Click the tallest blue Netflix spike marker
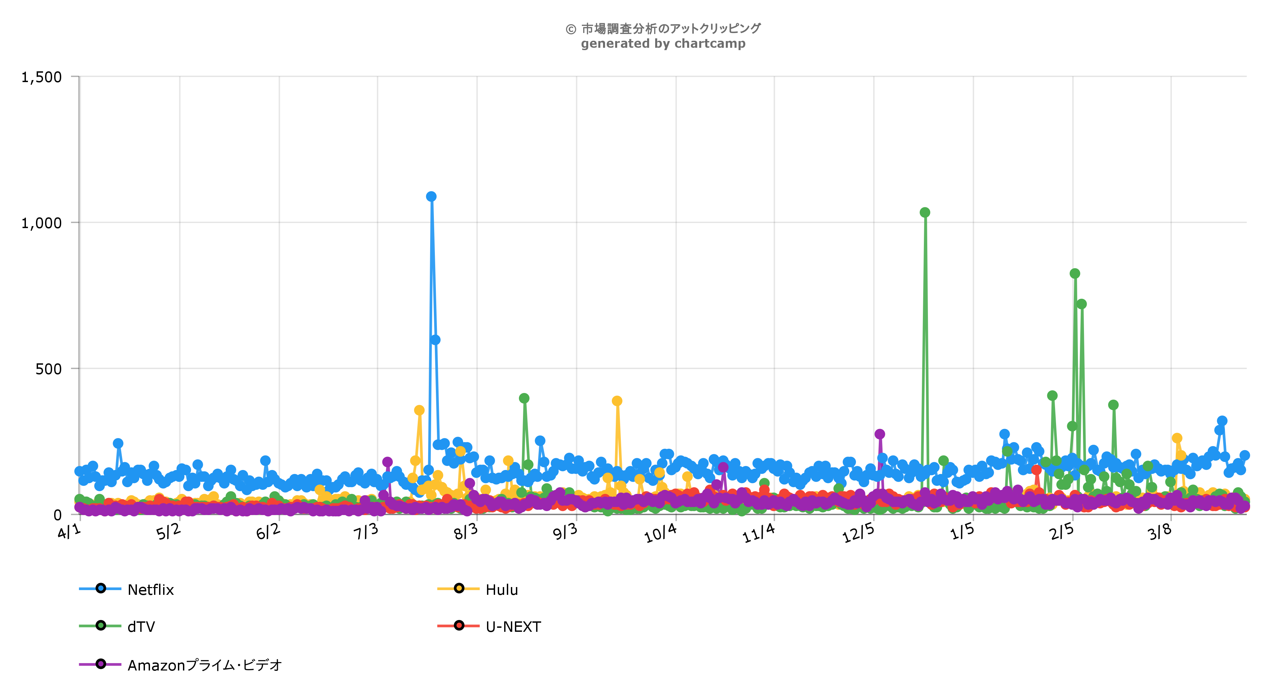coord(431,196)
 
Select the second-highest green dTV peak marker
coord(1075,274)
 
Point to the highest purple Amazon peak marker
coord(880,434)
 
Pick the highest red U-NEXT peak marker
coord(1037,469)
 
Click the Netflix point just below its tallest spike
coord(435,340)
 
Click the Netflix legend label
coord(151,589)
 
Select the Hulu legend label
coord(501,589)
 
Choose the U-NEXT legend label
coord(513,627)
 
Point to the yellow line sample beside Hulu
coord(458,589)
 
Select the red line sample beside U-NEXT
coord(458,626)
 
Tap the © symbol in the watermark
coord(571,29)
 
